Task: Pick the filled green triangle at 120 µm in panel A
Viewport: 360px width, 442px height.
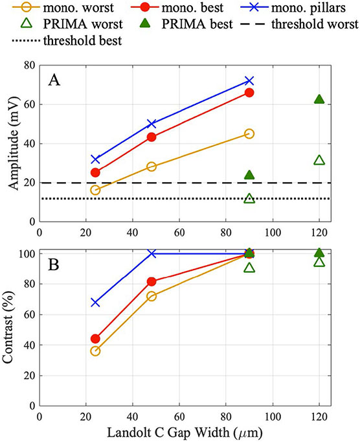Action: point(319,99)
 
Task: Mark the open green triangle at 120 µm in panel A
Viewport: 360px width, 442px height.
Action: point(319,160)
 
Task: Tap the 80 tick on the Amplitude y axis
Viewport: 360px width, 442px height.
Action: point(28,65)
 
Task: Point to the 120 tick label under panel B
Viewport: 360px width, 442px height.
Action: point(319,415)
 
